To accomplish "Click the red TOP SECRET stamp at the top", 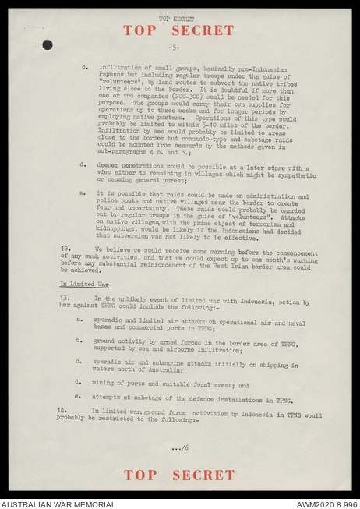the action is coord(178,30).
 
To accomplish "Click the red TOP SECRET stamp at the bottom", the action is coord(178,475).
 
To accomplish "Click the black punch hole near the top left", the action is coord(48,44).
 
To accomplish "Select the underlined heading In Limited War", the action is coord(84,285).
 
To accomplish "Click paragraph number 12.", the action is coord(65,248).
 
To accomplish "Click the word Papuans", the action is coord(115,79).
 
